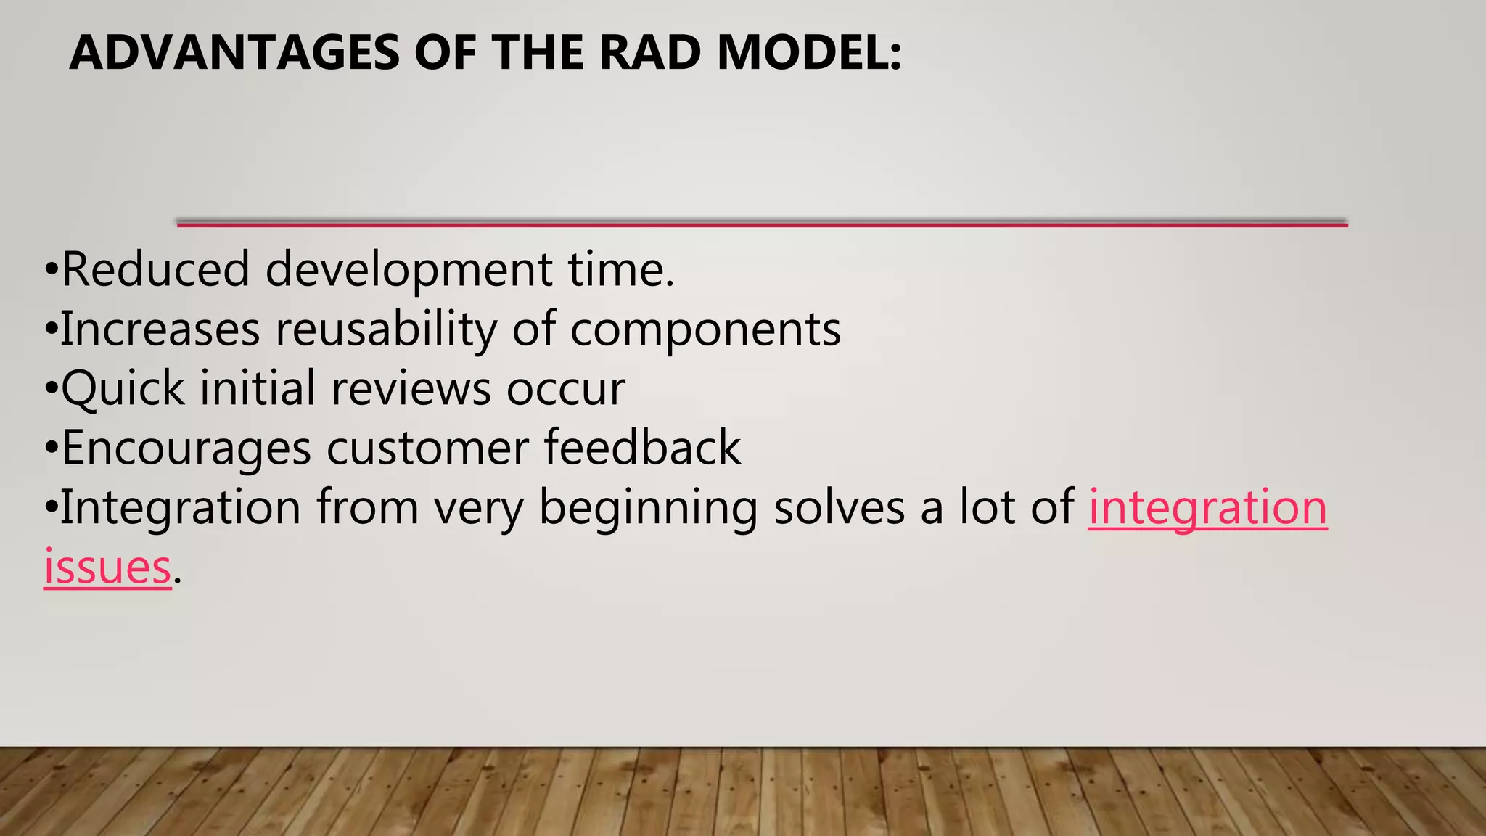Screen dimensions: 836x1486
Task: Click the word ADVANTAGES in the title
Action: point(234,53)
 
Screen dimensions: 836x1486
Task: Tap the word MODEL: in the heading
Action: point(809,53)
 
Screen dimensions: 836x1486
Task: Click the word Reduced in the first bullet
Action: point(155,269)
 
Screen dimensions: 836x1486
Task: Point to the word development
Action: point(408,269)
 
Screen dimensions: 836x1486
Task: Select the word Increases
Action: point(160,329)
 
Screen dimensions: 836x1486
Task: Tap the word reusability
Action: point(385,329)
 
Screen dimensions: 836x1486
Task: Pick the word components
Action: point(705,329)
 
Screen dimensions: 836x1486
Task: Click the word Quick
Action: point(123,388)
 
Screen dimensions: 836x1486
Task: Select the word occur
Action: point(565,388)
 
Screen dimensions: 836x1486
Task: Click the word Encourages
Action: point(186,448)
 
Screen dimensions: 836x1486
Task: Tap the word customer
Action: point(427,448)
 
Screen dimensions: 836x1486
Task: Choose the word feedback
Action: point(642,448)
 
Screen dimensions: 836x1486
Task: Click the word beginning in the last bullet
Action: point(647,507)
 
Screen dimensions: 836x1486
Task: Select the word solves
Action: point(839,507)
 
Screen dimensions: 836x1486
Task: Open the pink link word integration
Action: point(1207,507)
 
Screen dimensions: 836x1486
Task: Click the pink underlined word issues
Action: point(107,567)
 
